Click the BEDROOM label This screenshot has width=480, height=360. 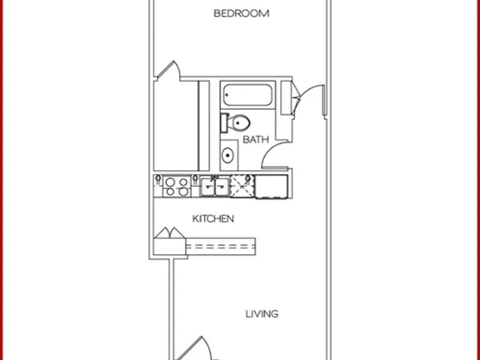[241, 14]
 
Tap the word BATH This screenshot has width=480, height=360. [256, 139]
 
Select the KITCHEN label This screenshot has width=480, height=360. [213, 219]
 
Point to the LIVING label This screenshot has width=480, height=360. [262, 314]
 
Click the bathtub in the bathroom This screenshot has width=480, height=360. [247, 95]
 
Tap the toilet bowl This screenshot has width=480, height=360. [241, 122]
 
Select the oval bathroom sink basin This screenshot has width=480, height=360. [227, 156]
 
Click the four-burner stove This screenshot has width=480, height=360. [177, 186]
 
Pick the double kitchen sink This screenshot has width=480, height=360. [214, 187]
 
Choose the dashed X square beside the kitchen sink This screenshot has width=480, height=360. [242, 186]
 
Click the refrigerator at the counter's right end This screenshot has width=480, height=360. [271, 186]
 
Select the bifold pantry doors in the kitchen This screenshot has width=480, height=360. [169, 233]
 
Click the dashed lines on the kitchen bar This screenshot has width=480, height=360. [221, 246]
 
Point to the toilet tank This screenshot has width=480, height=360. [224, 122]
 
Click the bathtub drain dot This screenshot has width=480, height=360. [227, 95]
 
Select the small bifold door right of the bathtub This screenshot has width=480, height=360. [296, 98]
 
